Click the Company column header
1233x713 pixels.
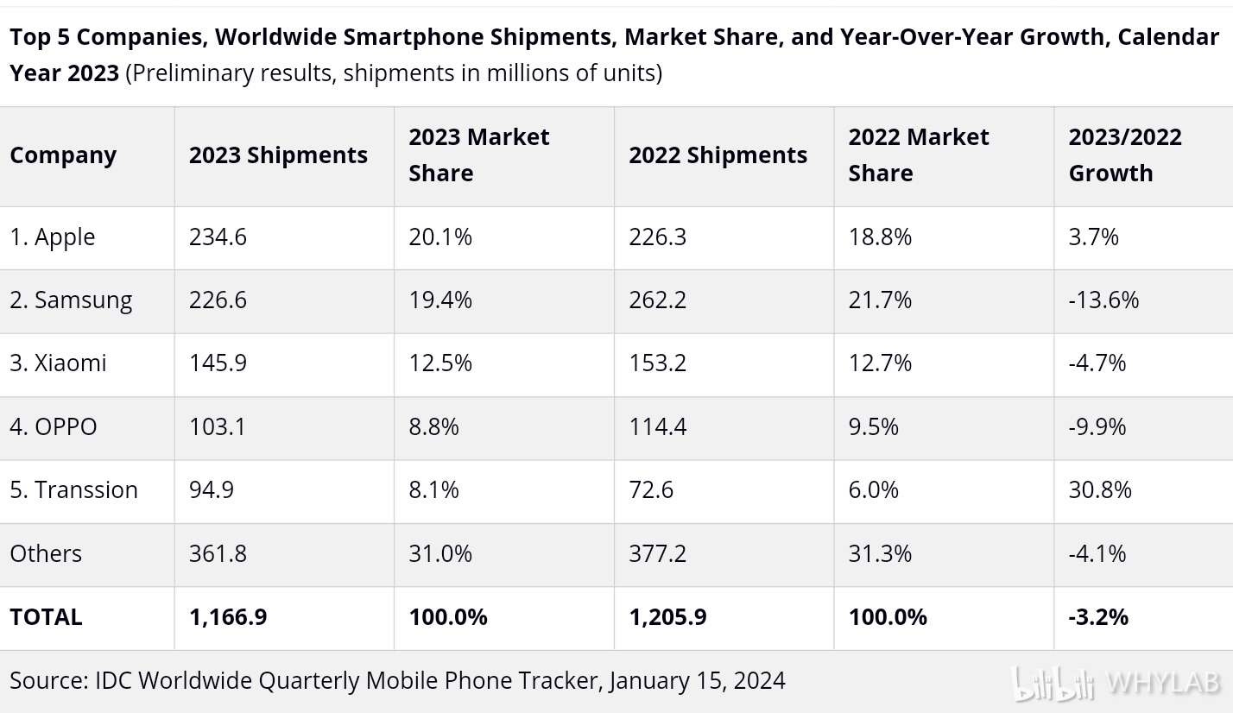click(63, 155)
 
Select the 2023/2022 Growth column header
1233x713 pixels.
click(1124, 155)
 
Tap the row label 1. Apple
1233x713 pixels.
click(53, 237)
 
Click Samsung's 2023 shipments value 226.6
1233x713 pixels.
click(218, 300)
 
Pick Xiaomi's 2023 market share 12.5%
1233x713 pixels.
click(440, 363)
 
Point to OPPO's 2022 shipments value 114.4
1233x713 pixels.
click(658, 426)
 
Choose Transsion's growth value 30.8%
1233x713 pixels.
click(1100, 489)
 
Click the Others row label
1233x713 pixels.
click(46, 553)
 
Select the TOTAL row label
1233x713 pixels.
click(47, 617)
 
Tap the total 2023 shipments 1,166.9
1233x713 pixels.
click(228, 617)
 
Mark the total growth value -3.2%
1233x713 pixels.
click(1098, 617)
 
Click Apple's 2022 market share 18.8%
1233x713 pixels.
click(880, 237)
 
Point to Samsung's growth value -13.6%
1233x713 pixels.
click(1103, 300)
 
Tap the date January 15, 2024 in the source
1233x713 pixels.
click(697, 680)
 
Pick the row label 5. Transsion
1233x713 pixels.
click(74, 489)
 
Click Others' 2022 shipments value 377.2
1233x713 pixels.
click(658, 553)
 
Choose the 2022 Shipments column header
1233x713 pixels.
click(718, 155)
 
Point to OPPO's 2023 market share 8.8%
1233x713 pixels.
click(433, 426)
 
